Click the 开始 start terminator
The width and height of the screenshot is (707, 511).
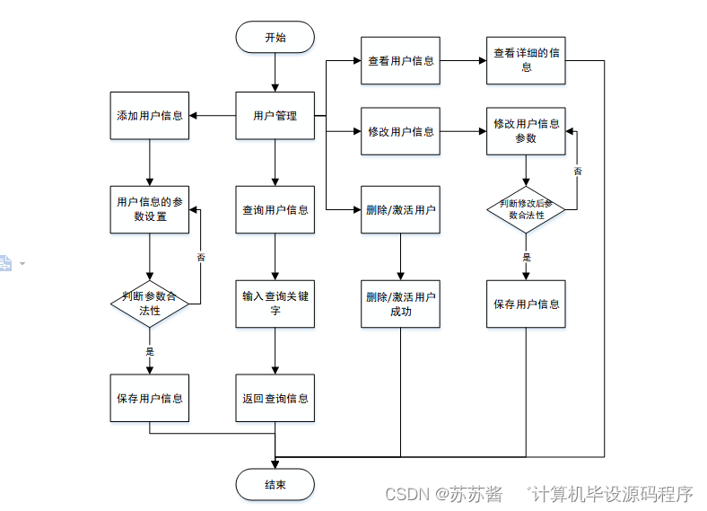[275, 37]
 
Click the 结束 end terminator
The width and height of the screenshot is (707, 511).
[275, 485]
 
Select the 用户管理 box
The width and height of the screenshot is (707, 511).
[275, 115]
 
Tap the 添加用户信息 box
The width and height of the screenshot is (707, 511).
[150, 115]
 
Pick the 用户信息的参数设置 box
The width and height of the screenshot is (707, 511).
[150, 209]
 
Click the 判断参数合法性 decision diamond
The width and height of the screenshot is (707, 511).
[150, 304]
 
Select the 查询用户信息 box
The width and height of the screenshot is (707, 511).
[275, 209]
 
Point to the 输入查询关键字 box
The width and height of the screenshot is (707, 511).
[275, 304]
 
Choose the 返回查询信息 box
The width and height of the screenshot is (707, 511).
[275, 398]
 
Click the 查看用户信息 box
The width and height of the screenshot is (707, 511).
[401, 61]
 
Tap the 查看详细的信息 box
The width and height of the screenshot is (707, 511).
[527, 61]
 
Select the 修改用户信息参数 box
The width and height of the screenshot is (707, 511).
[527, 131]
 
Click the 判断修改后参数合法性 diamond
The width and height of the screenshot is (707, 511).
[527, 208]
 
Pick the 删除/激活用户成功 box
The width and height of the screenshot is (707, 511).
[401, 304]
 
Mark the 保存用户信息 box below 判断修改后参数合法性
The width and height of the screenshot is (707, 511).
[527, 304]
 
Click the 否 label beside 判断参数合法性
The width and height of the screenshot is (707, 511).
[200, 258]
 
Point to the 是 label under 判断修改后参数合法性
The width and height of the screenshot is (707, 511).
[527, 258]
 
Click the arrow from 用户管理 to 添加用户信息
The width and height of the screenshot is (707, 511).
[212, 115]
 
